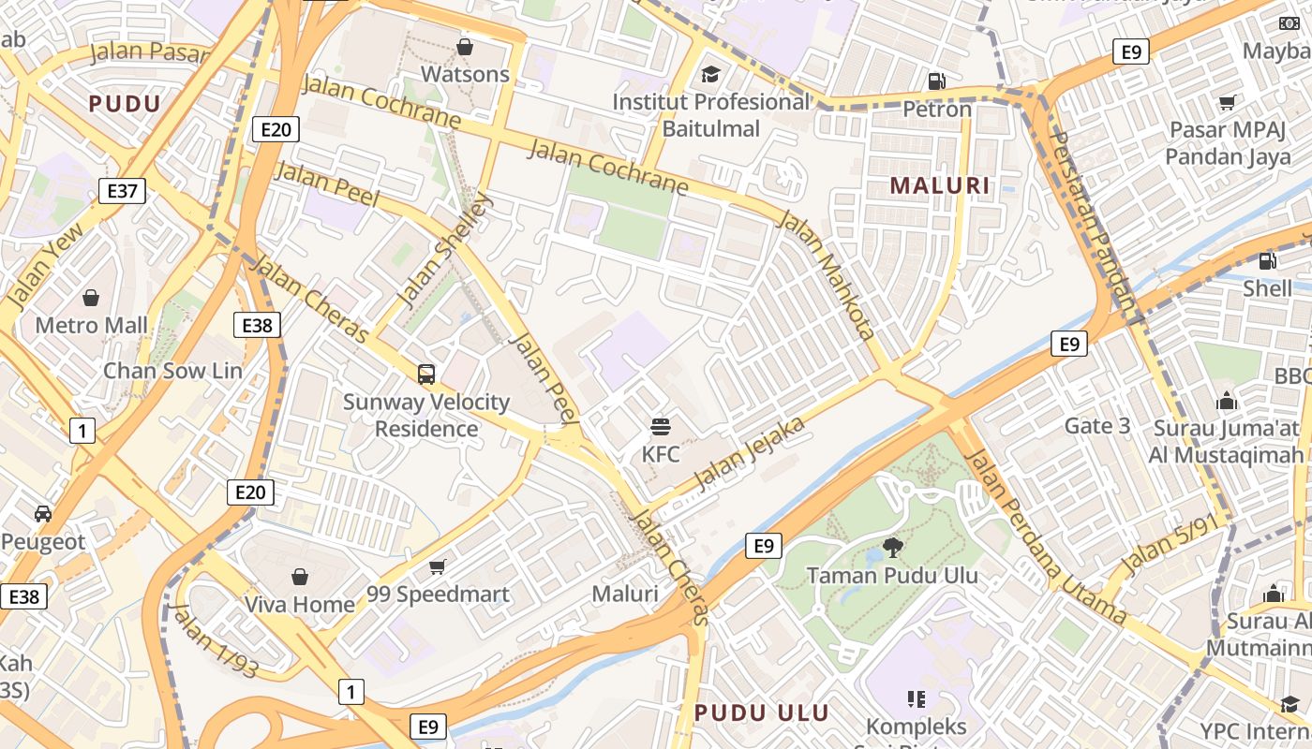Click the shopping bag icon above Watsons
click(464, 46)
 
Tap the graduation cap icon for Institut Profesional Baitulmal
click(711, 73)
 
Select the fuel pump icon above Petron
click(936, 81)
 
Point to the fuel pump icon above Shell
click(1267, 261)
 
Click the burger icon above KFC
click(661, 427)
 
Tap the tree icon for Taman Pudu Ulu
click(892, 548)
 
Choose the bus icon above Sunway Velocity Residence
click(426, 374)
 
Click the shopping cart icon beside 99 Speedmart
click(437, 566)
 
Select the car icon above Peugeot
click(42, 513)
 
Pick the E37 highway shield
click(122, 192)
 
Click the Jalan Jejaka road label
click(749, 455)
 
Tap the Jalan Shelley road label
click(445, 249)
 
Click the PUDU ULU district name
click(762, 712)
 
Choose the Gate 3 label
click(1097, 426)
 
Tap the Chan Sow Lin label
click(172, 370)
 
